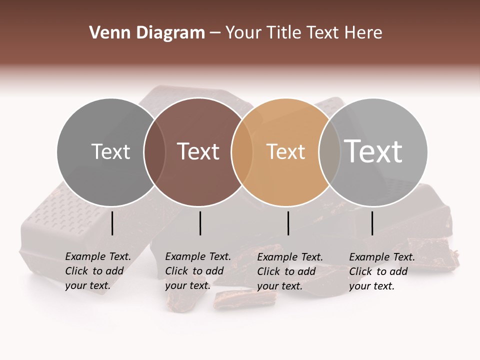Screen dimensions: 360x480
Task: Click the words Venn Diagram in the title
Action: tap(146, 33)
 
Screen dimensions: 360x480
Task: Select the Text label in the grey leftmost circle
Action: tap(110, 151)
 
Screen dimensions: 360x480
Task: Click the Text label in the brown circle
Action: tap(198, 151)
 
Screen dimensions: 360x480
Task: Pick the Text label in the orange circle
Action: tap(285, 151)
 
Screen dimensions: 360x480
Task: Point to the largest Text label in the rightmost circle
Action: tap(373, 151)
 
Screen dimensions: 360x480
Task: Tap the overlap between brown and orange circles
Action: tap(241, 152)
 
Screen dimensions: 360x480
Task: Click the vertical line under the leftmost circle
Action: tap(112, 223)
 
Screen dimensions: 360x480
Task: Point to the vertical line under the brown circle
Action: tap(200, 223)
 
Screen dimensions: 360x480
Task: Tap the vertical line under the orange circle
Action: tap(288, 223)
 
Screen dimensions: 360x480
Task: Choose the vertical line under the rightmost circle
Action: tap(372, 223)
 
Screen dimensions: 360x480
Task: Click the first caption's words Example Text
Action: tap(98, 256)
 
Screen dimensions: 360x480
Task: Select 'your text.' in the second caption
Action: tap(187, 285)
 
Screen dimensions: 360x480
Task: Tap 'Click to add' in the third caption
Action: tap(286, 271)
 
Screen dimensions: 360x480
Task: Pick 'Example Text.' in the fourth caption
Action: tap(382, 257)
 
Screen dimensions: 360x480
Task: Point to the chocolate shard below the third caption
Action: tap(245, 299)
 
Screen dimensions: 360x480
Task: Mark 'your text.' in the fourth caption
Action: tap(371, 286)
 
